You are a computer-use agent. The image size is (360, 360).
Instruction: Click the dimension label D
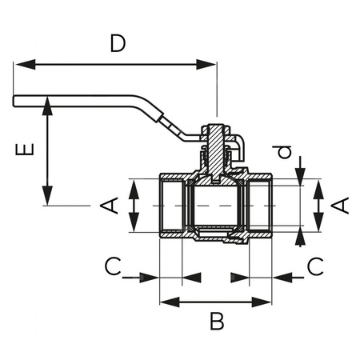[x=117, y=44]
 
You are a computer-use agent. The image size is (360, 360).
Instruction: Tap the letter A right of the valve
[x=341, y=206]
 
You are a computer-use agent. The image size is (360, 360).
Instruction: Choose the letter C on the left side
[x=115, y=266]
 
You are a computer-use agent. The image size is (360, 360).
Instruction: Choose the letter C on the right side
[x=315, y=266]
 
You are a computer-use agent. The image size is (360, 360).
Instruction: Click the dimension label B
[x=216, y=322]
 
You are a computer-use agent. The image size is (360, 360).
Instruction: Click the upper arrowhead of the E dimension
[x=48, y=103]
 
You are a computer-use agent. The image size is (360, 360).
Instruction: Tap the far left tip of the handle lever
[x=15, y=100]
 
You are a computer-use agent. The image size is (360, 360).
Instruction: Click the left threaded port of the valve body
[x=171, y=206]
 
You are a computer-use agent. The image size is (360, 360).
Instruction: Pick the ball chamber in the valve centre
[x=214, y=206]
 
